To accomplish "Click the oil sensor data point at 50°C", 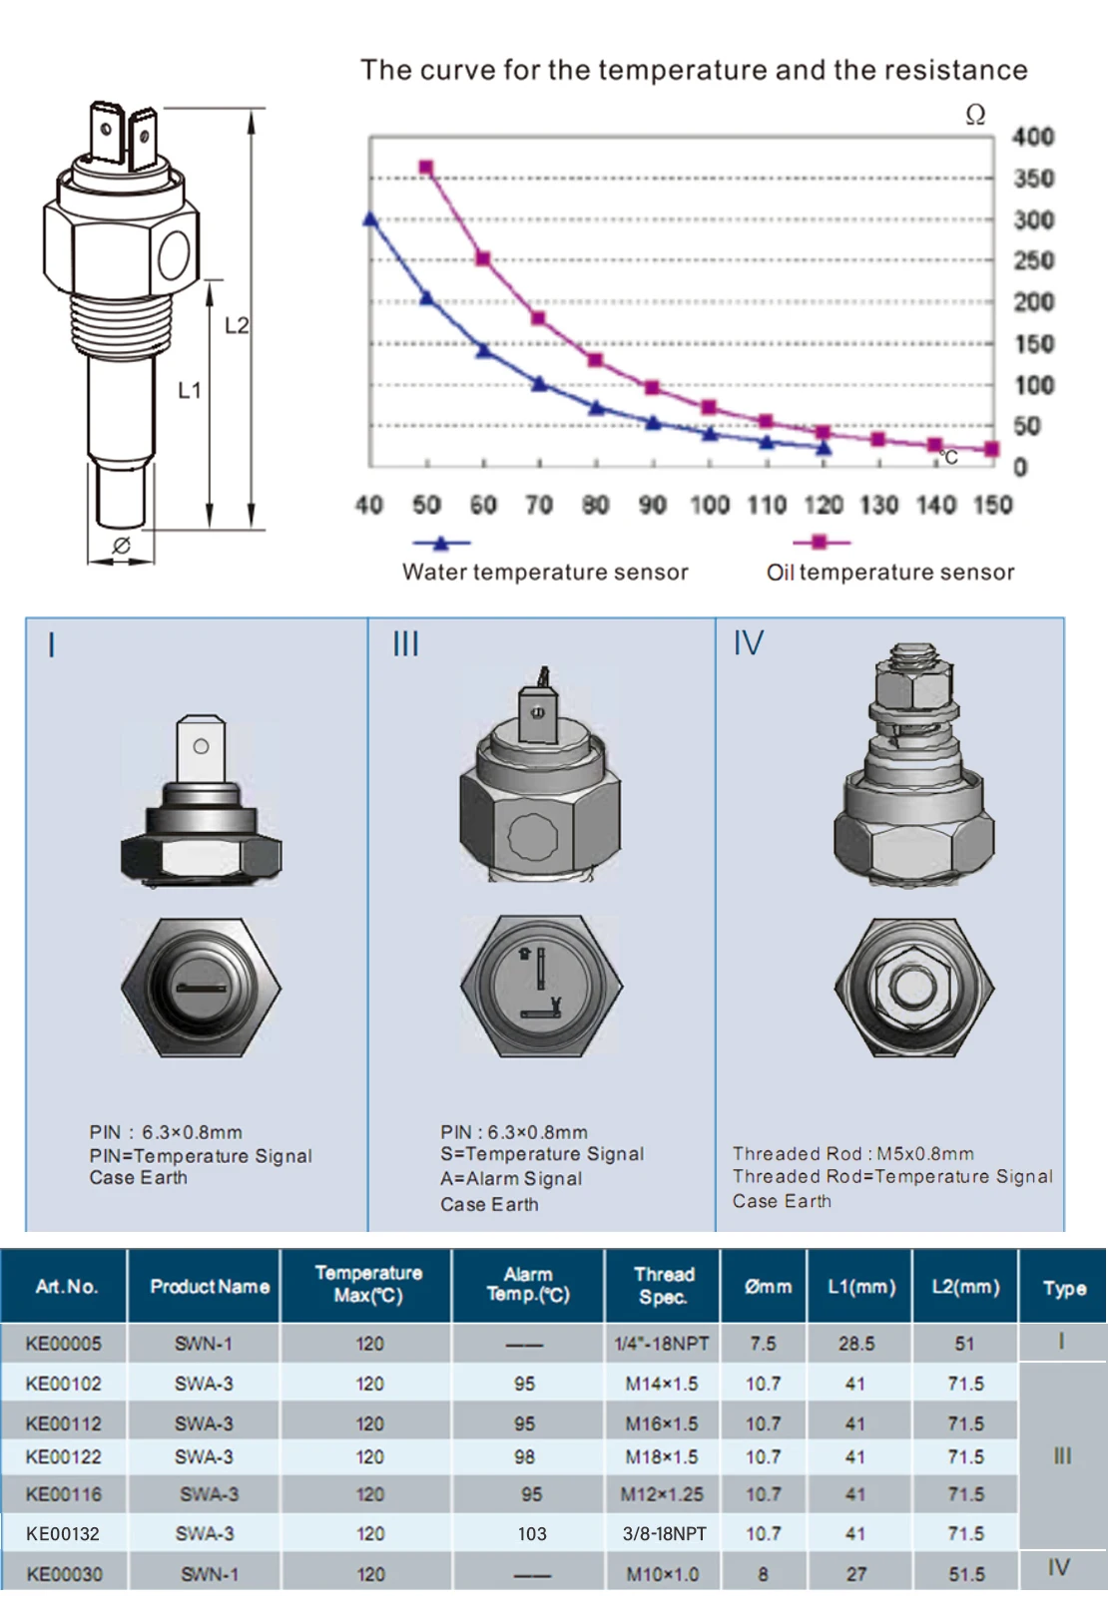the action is click(426, 169).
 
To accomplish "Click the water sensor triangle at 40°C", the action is click(370, 218).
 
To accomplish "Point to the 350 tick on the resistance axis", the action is click(1033, 179).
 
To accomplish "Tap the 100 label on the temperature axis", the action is click(710, 504).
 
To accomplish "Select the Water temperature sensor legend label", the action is click(545, 572).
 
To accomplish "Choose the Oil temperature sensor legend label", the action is click(890, 572).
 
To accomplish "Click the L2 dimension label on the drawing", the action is click(237, 326).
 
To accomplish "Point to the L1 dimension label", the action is click(190, 391).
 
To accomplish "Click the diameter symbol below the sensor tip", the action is click(122, 546).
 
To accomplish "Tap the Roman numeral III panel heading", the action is click(405, 643).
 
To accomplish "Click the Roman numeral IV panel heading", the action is click(748, 642).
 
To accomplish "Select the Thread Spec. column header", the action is click(664, 1287).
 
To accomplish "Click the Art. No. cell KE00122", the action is click(64, 1457).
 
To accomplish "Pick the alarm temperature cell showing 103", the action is click(532, 1533).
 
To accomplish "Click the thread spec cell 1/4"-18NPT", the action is click(662, 1344).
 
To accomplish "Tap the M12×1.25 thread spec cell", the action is click(662, 1494).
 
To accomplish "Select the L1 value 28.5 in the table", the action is click(856, 1344).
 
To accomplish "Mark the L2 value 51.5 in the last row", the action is click(966, 1574).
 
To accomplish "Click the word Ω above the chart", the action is click(975, 115).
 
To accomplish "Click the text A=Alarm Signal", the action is click(511, 1179).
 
